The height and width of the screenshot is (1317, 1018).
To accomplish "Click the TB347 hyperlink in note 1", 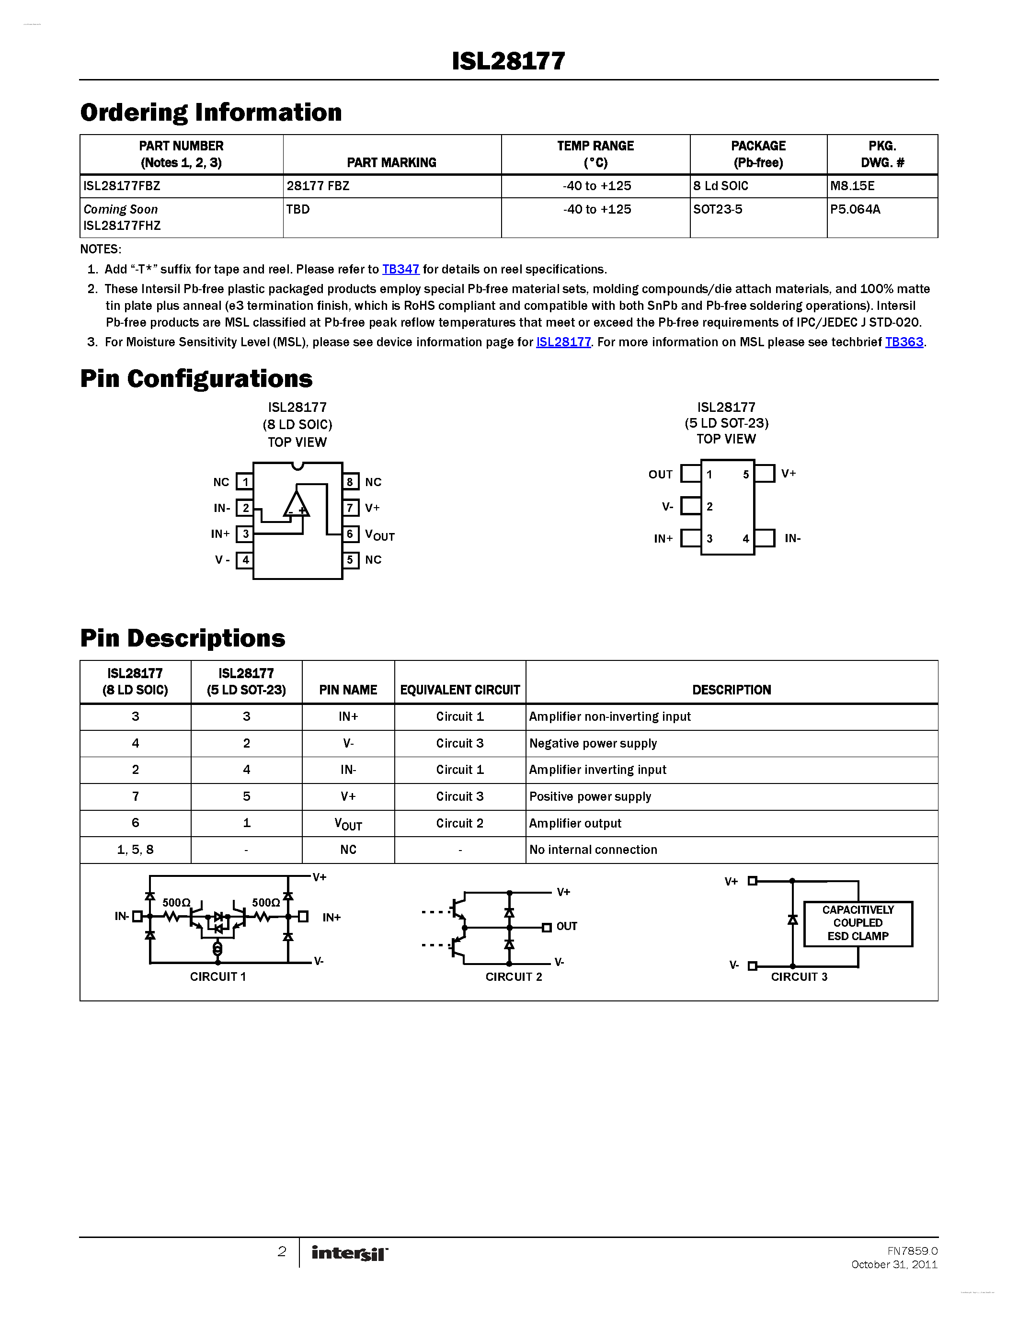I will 400,270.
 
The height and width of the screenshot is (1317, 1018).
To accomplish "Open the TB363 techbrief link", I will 904,342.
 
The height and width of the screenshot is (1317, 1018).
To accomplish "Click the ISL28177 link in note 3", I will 563,342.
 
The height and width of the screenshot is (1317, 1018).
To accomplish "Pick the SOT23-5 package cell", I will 718,209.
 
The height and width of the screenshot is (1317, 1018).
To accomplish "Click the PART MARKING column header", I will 391,162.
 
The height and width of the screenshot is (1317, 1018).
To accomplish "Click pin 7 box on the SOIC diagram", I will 350,508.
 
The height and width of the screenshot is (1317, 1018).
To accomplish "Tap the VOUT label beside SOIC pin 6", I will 379,535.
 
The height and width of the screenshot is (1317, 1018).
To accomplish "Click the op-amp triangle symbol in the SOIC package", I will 296,505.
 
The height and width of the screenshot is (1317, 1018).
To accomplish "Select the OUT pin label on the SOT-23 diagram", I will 660,475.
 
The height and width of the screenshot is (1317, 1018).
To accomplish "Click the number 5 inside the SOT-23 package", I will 746,475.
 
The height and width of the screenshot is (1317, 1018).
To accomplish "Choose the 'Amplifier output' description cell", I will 575,823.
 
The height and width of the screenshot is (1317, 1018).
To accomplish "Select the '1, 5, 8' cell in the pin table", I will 135,850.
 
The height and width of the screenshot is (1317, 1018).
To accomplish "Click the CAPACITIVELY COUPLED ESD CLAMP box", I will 858,923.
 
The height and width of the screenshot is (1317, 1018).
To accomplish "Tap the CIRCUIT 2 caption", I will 514,977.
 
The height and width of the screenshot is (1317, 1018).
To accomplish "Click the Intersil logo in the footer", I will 350,1253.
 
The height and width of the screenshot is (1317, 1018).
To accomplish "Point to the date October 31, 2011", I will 894,1264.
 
